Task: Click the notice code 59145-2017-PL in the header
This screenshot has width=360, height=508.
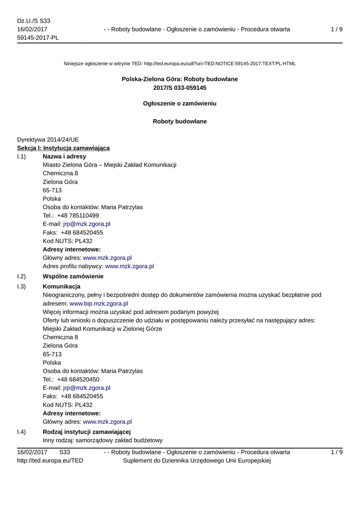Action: pyautogui.click(x=38, y=38)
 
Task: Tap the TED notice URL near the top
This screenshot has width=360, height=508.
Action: pyautogui.click(x=219, y=63)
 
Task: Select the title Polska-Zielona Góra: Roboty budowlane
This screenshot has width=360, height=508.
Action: pyautogui.click(x=180, y=79)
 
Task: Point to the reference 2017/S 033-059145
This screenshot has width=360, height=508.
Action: pyautogui.click(x=180, y=88)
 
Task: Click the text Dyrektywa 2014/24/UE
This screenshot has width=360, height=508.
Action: pyautogui.click(x=48, y=140)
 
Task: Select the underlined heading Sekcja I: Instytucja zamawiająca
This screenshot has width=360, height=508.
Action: pyautogui.click(x=64, y=148)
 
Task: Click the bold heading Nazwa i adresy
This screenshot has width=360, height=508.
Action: pyautogui.click(x=65, y=156)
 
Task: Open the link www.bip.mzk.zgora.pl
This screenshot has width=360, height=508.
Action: pyautogui.click(x=99, y=303)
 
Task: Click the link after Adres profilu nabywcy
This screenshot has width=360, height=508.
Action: pyautogui.click(x=130, y=266)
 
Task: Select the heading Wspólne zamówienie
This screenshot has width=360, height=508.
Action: pyautogui.click(x=73, y=276)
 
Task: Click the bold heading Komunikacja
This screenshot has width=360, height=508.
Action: pyautogui.click(x=62, y=286)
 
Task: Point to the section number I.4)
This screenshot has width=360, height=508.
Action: pyautogui.click(x=21, y=432)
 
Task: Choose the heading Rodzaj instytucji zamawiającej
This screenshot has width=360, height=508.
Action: pyautogui.click(x=87, y=432)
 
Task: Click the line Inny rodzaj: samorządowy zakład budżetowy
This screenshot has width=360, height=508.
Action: pyautogui.click(x=103, y=441)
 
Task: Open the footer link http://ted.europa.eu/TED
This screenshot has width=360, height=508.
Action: pyautogui.click(x=50, y=460)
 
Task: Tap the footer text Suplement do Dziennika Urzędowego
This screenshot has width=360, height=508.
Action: pyautogui.click(x=196, y=460)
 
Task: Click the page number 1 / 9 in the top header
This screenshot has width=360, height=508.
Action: pyautogui.click(x=336, y=29)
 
